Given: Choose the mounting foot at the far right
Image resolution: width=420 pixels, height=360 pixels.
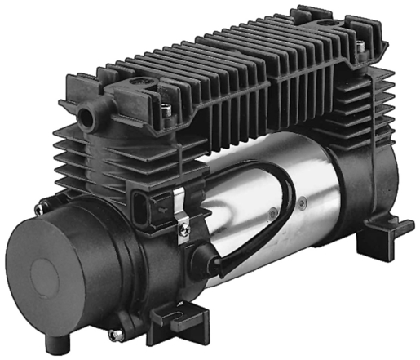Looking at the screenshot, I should coord(382,234).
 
